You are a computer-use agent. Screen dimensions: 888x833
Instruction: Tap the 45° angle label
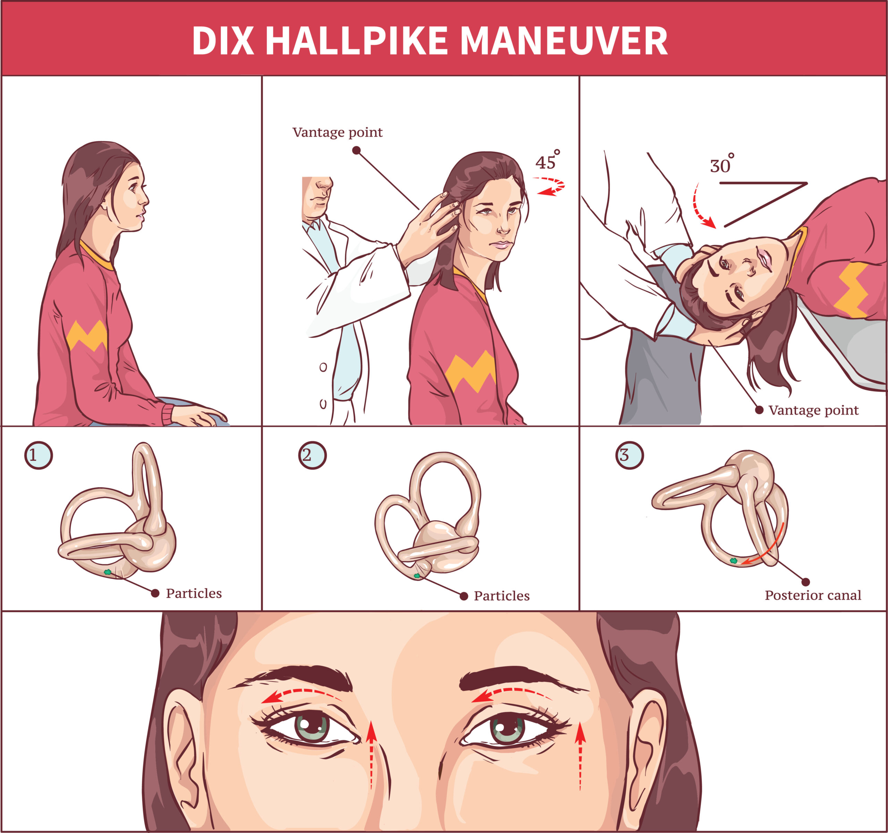[547, 160]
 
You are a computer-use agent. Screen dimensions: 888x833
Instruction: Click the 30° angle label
[722, 164]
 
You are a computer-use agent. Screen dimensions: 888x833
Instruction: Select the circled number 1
[39, 455]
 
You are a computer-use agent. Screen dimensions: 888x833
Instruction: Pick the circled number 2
[312, 455]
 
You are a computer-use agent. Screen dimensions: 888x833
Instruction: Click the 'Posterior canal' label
[813, 595]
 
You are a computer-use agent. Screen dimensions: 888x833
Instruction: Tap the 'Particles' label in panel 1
[194, 593]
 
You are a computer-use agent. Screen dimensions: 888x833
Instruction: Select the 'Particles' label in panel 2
[502, 596]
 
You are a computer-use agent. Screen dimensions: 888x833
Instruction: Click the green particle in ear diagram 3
[733, 561]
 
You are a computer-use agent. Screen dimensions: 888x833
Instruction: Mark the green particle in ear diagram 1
[107, 572]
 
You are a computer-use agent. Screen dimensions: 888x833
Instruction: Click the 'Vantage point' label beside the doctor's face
[337, 132]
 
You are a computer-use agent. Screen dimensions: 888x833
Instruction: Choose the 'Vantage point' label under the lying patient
[813, 410]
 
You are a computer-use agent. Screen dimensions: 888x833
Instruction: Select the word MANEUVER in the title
[564, 41]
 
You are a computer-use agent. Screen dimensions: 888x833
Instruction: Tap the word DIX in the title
[223, 41]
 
